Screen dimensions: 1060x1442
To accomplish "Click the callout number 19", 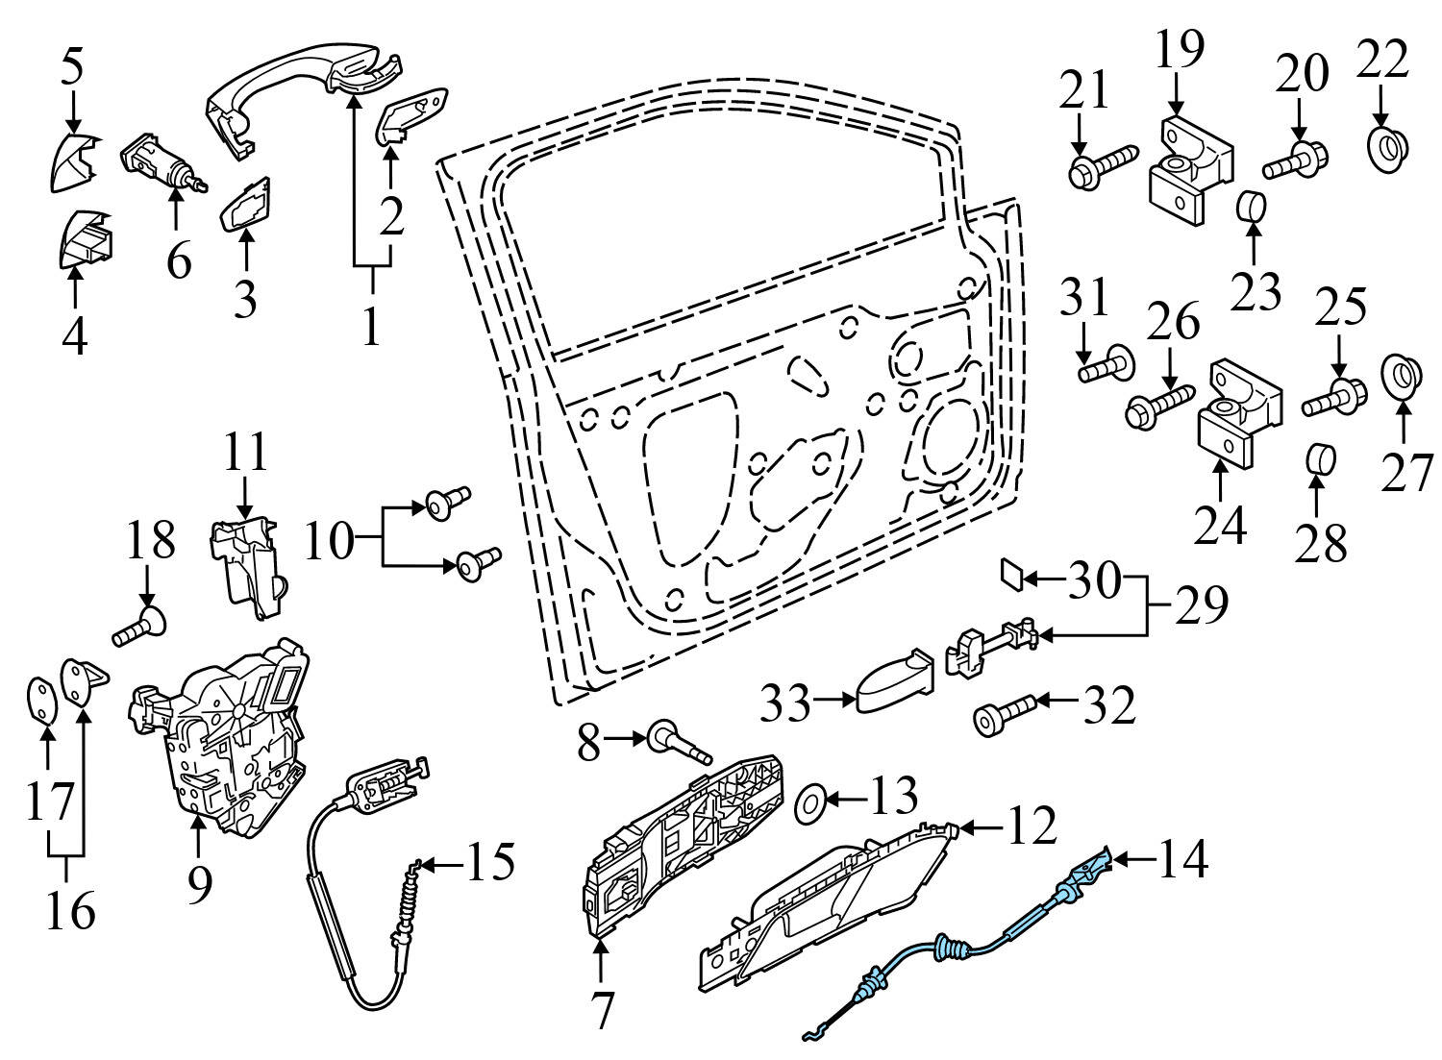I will point(1179,50).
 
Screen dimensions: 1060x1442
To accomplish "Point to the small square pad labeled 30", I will point(1011,574).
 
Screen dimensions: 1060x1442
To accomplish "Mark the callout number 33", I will point(785,704).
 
